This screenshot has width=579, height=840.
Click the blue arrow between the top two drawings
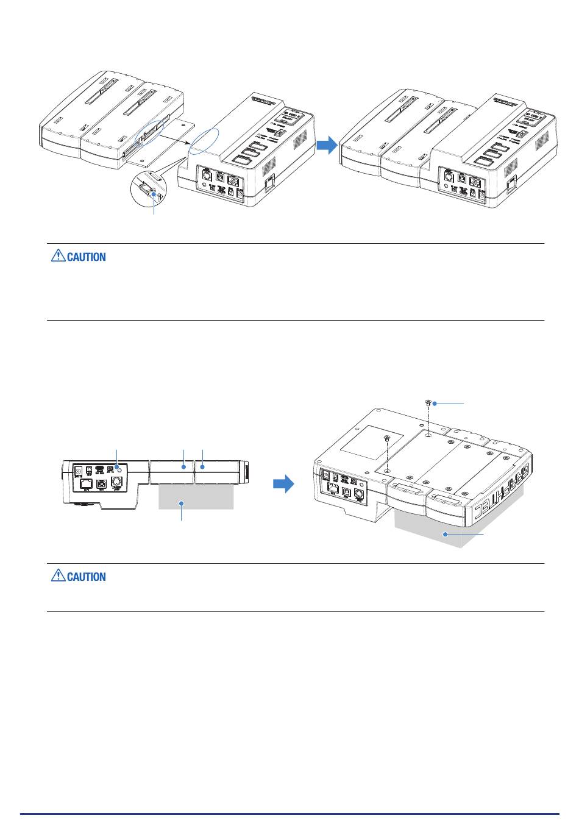point(328,145)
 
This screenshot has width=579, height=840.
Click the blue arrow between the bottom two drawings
point(283,485)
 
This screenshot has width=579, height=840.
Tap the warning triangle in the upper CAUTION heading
point(57,257)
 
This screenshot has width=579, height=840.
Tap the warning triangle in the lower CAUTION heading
point(57,576)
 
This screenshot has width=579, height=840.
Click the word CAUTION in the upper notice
point(87,257)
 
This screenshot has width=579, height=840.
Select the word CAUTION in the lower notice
point(87,577)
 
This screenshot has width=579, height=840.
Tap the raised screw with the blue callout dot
point(428,403)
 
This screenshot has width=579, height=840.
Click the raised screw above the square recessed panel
point(386,438)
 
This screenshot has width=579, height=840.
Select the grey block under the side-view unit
point(196,496)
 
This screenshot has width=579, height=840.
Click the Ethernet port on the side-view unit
point(81,485)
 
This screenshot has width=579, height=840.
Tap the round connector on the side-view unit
point(118,481)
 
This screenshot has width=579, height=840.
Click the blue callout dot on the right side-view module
point(202,467)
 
